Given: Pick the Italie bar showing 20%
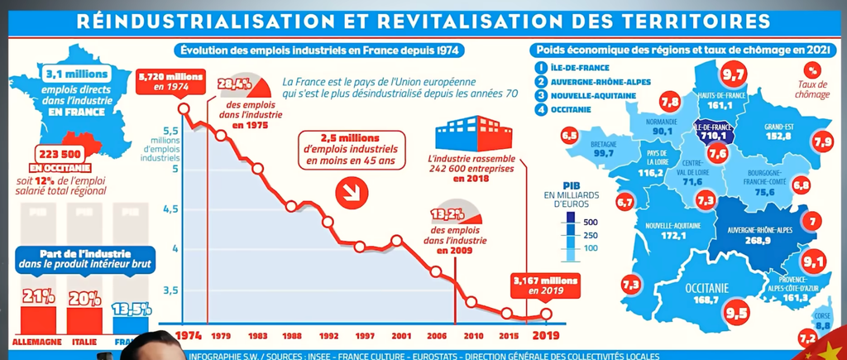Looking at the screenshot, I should coord(82,317).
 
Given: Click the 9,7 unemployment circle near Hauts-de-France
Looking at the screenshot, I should coord(733,77).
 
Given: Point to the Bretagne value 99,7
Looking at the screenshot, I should coord(601,153).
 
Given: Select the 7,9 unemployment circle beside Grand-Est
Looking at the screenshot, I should coord(822,143).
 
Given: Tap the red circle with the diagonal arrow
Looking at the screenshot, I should coord(352,193).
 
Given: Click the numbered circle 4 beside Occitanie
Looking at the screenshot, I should coord(541,110).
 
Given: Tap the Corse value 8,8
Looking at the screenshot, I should coord(823,326).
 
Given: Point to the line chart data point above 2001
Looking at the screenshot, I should coord(396,241).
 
